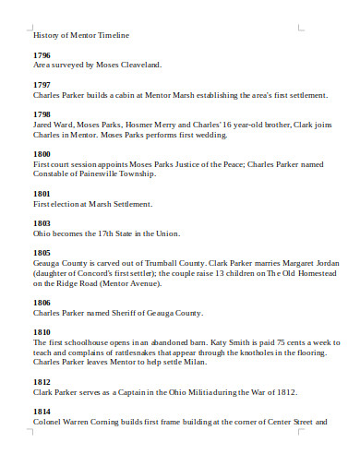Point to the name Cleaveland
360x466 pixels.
tap(138, 65)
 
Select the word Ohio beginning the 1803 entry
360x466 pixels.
tap(42, 233)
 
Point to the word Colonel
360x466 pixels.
tap(48, 421)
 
